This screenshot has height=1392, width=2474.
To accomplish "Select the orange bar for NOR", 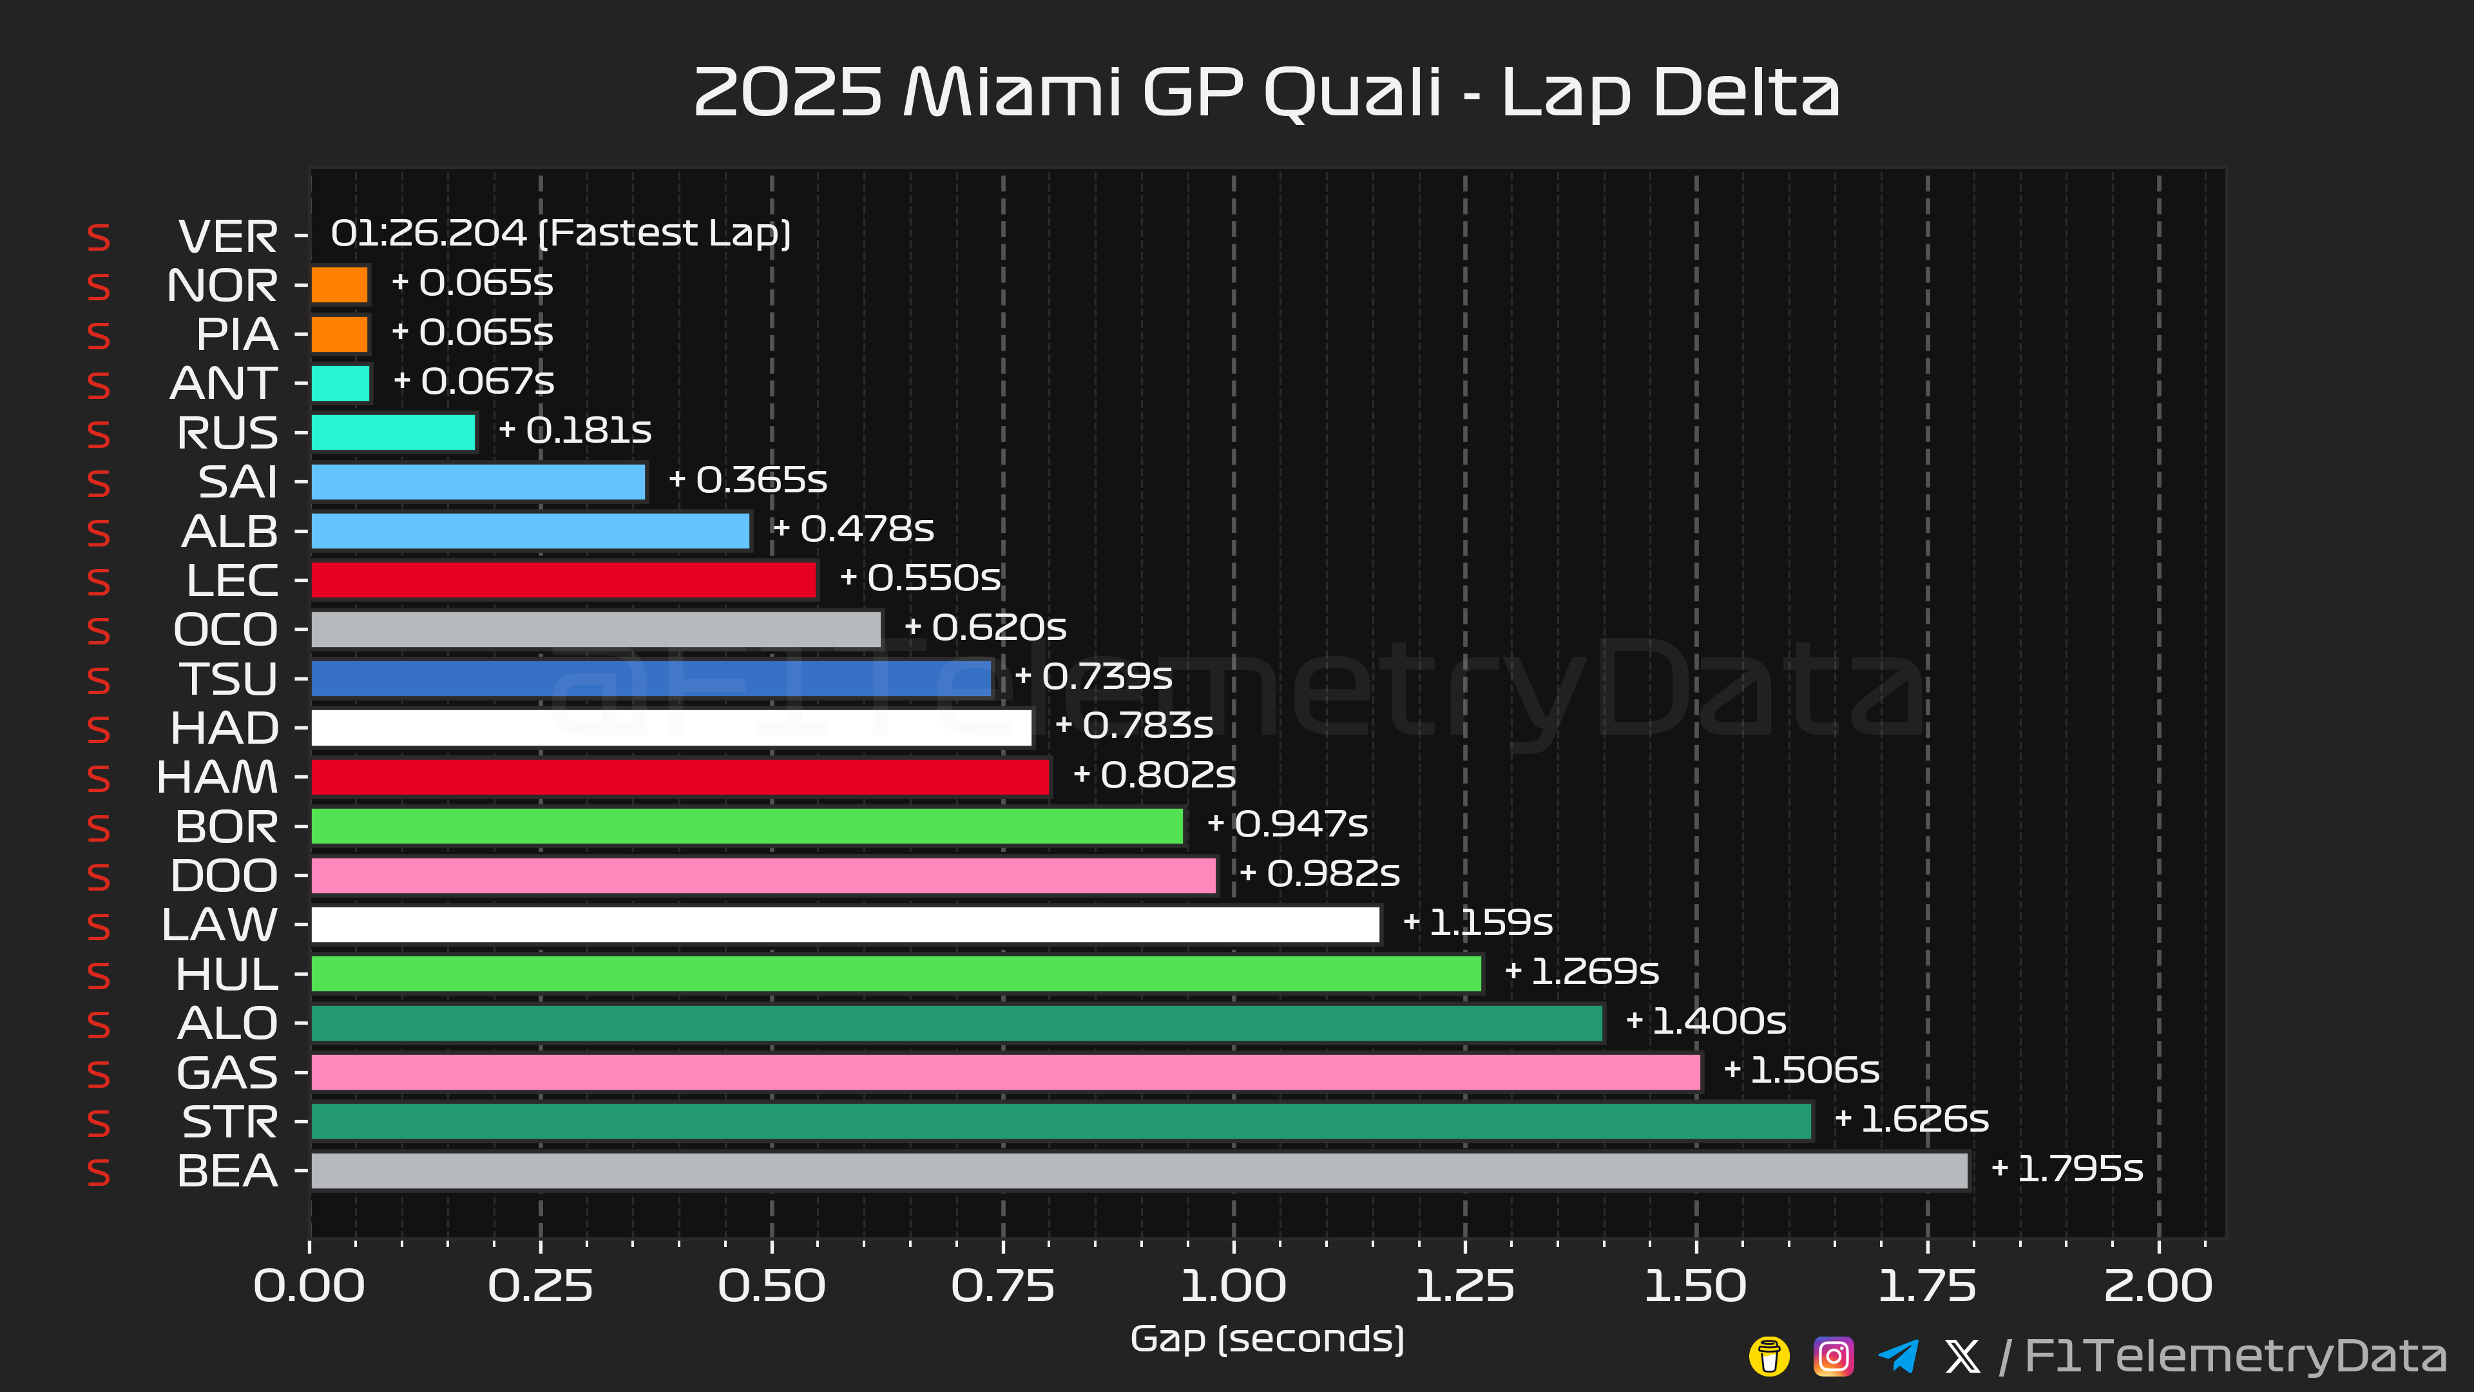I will [339, 284].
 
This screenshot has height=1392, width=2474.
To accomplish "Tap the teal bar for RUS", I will [393, 432].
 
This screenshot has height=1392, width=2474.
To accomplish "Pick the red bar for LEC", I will [563, 579].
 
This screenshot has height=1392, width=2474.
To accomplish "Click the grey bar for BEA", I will [1139, 1170].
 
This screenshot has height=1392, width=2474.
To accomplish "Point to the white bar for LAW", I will [845, 924].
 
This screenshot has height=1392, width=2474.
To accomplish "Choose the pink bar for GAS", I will [1006, 1072].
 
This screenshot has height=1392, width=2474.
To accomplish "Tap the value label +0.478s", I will [853, 528].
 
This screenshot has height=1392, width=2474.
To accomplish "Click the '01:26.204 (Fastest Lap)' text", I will [561, 233].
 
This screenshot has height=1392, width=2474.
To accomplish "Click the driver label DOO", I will [224, 875].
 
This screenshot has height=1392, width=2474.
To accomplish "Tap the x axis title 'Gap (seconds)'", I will [1267, 1339].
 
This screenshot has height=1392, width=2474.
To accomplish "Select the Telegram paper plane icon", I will [1898, 1357].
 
